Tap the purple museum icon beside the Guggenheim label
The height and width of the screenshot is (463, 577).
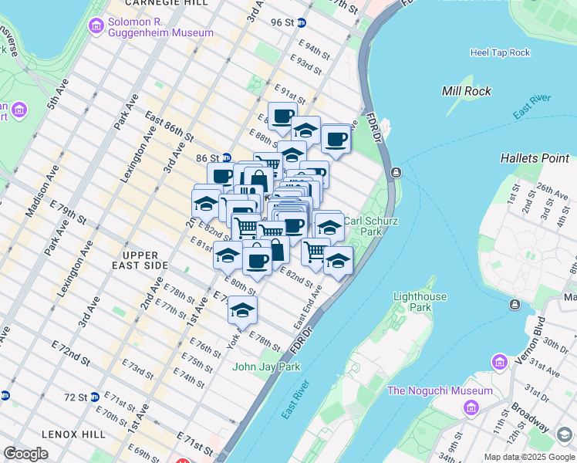[x=96, y=27]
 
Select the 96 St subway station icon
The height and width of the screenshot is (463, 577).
[x=301, y=23]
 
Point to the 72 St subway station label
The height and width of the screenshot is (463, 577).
[x=76, y=397]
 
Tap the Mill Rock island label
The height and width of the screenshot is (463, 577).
[x=467, y=91]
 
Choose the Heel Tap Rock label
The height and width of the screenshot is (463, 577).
[x=500, y=52]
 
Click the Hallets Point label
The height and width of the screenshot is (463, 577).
[x=534, y=158]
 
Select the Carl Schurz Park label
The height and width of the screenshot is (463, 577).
[x=363, y=225]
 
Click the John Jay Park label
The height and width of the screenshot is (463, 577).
[x=266, y=367]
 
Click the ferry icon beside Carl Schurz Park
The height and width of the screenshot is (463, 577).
[x=396, y=172]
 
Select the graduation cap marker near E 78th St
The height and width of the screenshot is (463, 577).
[x=242, y=309]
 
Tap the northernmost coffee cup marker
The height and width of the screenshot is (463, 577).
[x=282, y=116]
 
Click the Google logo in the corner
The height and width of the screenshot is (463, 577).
[x=25, y=454]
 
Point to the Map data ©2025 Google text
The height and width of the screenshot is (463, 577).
[x=528, y=457]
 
